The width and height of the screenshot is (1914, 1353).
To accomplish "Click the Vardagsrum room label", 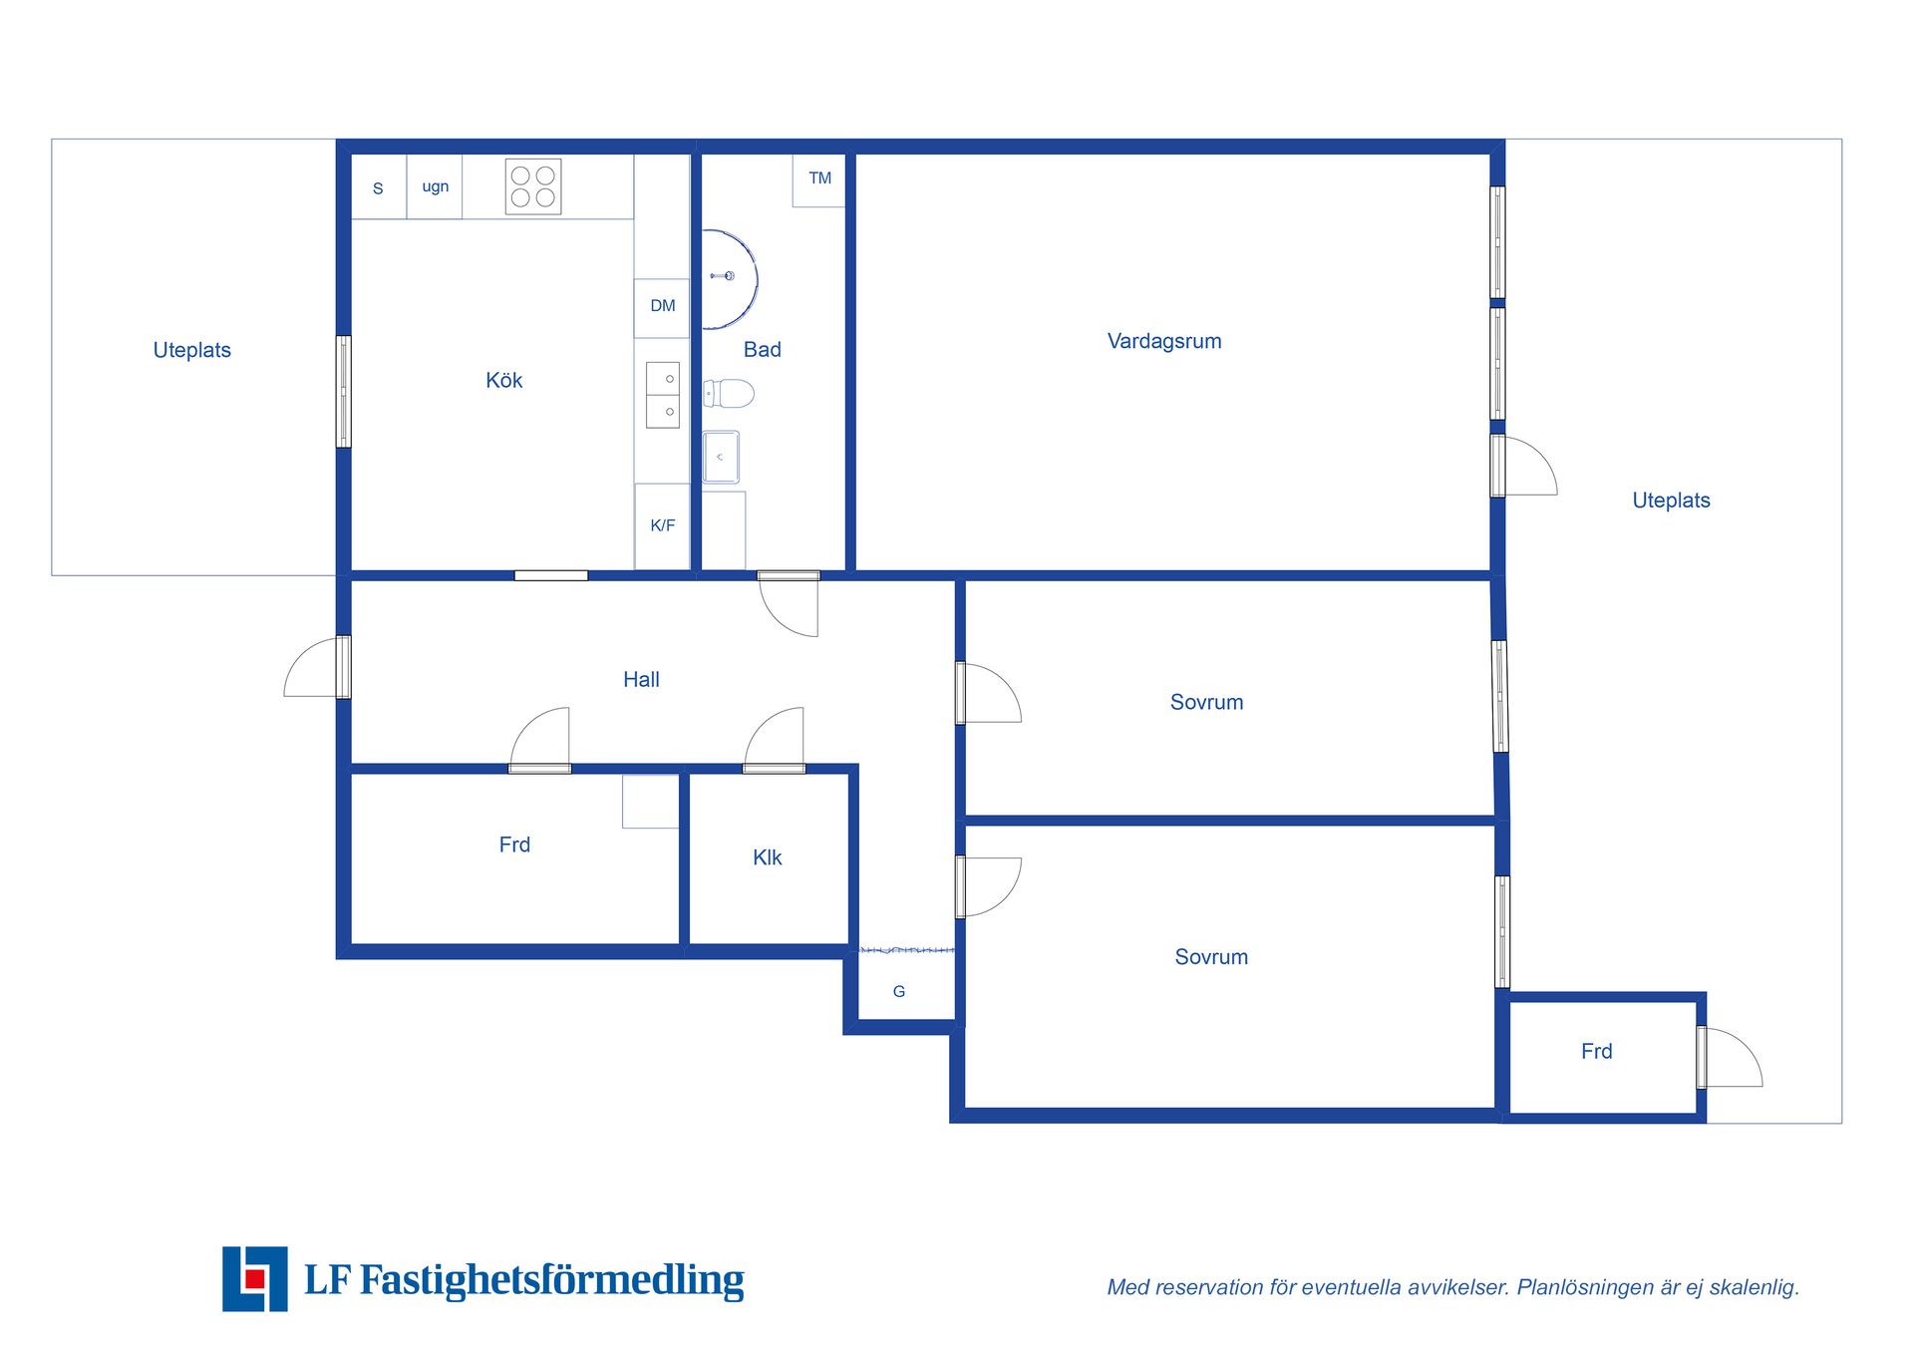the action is point(1164,342).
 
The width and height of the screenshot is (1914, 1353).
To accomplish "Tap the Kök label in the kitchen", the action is point(503,380).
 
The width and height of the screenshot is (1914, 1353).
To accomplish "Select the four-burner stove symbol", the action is point(533,186).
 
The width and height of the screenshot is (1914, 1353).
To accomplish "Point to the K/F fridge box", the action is point(662,526).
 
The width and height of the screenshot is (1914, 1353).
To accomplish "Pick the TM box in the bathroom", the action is point(818,180).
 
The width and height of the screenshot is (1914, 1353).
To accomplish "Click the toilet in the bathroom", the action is point(729,394).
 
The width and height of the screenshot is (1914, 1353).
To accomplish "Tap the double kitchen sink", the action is point(663,395).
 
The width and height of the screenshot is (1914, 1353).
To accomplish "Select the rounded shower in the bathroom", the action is point(730,280).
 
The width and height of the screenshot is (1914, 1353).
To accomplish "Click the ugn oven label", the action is point(436,187).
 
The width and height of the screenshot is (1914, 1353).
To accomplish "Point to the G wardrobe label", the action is point(899,992).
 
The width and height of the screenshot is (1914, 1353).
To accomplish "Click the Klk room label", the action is point(767,858).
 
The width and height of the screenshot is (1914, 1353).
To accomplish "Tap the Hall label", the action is point(641,680).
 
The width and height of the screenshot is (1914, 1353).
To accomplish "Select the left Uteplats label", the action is point(191,351).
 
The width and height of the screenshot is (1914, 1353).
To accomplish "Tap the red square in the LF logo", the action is point(254,1279).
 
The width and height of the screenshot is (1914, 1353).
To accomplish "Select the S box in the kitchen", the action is point(378,187).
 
